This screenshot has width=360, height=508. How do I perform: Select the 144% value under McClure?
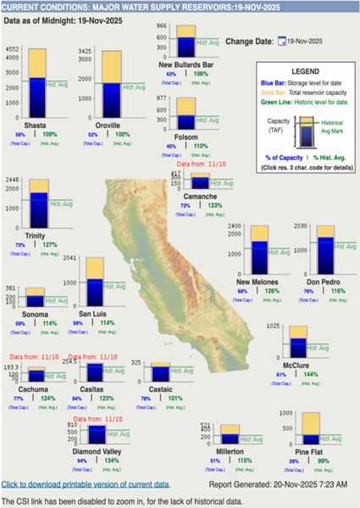click(x=312, y=374)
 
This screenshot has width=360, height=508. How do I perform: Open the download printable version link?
click(x=85, y=483)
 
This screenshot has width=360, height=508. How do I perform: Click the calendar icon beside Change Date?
click(x=280, y=40)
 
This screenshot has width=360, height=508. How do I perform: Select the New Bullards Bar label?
click(x=186, y=63)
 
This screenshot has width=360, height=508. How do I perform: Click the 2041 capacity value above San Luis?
click(x=71, y=258)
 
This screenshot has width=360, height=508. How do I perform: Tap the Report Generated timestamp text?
click(x=278, y=484)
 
